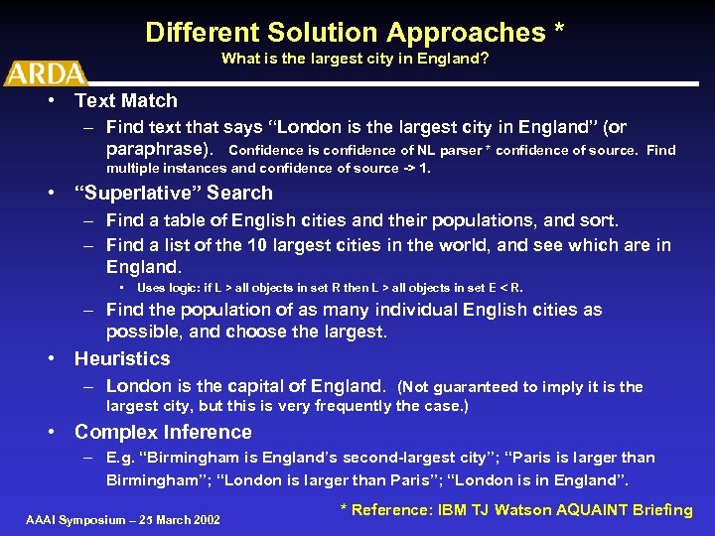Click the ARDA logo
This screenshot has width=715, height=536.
(x=45, y=72)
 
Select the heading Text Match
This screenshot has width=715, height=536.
(x=126, y=100)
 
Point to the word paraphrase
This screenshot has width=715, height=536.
(x=158, y=149)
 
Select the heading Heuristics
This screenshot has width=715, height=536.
(x=122, y=358)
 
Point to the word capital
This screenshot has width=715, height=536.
(x=270, y=385)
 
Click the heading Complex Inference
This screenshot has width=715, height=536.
(x=163, y=432)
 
